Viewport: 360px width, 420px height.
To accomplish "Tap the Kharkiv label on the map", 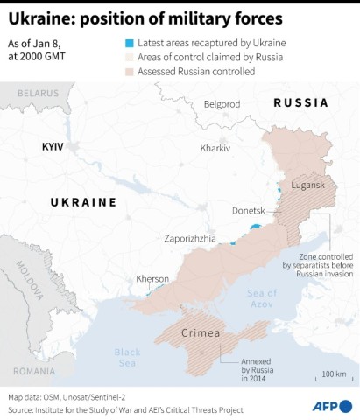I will tap(215, 149).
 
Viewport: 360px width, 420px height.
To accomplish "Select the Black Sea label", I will tap(127, 357).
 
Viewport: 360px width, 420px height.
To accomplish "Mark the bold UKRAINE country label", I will tap(83, 202).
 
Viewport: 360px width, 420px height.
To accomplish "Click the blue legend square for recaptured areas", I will tap(129, 42).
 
